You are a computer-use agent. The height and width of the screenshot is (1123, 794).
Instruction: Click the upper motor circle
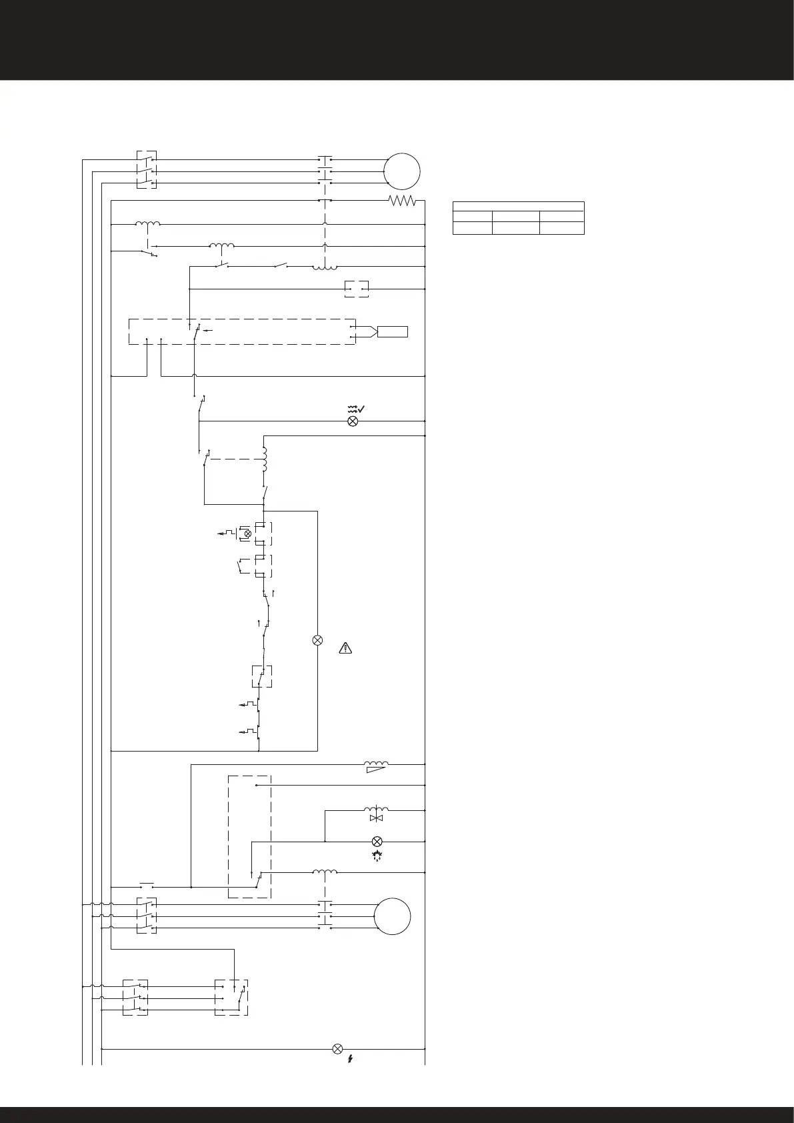[x=402, y=171]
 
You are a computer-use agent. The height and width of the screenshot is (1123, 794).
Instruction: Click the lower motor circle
[x=392, y=916]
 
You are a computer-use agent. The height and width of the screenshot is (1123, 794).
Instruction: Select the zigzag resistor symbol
[x=402, y=200]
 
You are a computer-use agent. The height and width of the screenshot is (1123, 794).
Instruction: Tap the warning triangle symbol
[x=345, y=647]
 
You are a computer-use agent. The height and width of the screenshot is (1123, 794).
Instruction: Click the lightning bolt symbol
[x=350, y=1058]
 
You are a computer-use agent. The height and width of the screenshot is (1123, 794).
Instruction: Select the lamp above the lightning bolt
[x=337, y=1048]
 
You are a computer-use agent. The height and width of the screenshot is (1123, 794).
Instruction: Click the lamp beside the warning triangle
[x=317, y=640]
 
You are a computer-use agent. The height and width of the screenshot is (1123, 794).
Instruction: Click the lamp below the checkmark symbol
[x=353, y=421]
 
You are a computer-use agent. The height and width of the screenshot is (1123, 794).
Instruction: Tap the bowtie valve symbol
[x=377, y=817]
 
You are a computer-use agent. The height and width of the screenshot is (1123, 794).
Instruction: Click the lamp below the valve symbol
[x=377, y=841]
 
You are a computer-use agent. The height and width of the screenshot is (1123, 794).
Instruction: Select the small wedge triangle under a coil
[x=376, y=770]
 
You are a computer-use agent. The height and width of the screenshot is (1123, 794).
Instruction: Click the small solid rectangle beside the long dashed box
[x=393, y=331]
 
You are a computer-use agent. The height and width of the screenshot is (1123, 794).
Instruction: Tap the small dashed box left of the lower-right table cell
[x=357, y=289]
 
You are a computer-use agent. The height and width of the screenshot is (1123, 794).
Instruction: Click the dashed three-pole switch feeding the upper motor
[x=147, y=170]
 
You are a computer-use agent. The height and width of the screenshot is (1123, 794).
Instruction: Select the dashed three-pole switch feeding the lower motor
[x=147, y=916]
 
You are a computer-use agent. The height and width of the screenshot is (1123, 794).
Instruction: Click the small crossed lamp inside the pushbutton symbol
[x=247, y=533]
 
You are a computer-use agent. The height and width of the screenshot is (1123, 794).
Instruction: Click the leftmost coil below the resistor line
[x=148, y=224]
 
